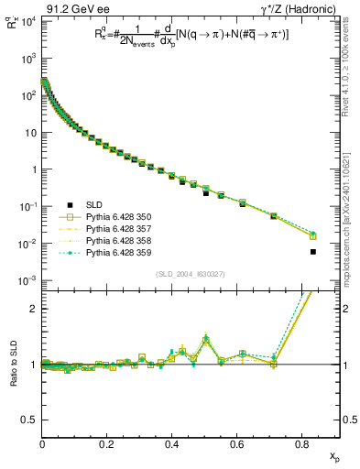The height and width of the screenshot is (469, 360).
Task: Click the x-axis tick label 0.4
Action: click(x=172, y=445)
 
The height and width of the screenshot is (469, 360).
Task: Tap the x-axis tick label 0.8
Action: click(x=302, y=445)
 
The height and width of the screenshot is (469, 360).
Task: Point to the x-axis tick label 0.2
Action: click(x=107, y=445)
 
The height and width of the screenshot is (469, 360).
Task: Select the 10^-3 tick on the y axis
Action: click(x=28, y=280)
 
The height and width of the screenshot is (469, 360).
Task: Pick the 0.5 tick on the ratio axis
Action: click(x=30, y=420)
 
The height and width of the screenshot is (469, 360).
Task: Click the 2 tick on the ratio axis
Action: click(x=35, y=309)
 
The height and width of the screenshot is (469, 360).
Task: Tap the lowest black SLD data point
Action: click(x=313, y=252)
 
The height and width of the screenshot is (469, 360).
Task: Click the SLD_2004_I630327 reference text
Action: click(x=191, y=273)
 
